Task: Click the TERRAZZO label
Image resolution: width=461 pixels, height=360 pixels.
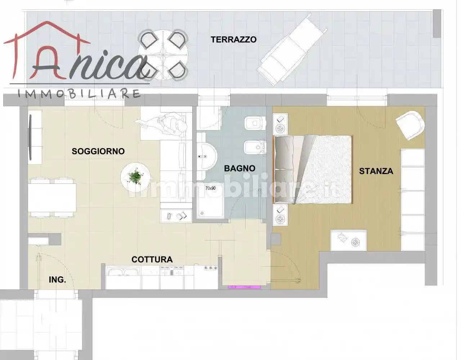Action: click(233, 40)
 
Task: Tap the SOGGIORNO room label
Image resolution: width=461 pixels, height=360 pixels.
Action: click(98, 151)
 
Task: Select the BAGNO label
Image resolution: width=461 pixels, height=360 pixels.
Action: click(240, 168)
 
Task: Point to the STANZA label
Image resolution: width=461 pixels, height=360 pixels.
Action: click(376, 171)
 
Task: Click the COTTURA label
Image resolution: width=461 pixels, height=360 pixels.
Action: click(152, 259)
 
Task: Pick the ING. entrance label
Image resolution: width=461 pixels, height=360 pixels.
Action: click(57, 280)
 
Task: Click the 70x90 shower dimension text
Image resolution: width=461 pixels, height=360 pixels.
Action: click(210, 188)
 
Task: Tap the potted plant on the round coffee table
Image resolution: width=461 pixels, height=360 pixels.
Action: click(135, 177)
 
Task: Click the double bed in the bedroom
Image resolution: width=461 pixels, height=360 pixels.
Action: click(313, 169)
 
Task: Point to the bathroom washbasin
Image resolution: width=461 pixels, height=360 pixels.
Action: click(206, 157)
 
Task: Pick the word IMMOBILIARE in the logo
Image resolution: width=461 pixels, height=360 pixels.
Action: click(79, 94)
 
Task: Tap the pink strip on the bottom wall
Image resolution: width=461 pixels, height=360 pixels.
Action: click(244, 287)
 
